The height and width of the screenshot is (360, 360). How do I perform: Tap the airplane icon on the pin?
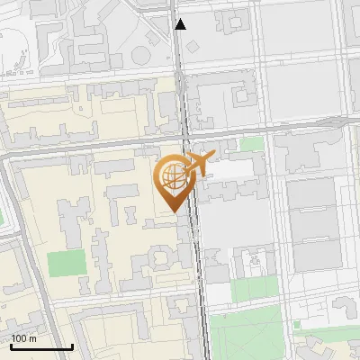point(197,165)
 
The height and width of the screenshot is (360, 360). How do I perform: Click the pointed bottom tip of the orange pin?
point(174,211)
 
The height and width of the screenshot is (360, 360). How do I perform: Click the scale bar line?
point(41,346)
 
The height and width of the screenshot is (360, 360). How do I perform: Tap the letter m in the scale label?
point(33,338)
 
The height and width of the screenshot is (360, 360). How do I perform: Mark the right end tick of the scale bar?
point(72,345)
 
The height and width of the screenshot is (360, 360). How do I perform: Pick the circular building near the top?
point(141,55)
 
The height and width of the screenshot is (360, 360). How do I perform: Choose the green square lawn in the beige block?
point(66,264)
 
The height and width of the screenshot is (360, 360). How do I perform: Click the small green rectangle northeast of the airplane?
point(252,144)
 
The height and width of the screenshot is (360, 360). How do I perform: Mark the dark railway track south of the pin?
point(200,270)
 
